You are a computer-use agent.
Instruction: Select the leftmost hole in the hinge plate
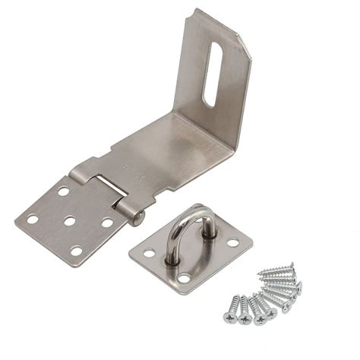click(33, 219)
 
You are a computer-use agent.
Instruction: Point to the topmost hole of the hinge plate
click(63, 191)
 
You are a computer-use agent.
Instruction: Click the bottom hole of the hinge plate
click(76, 250)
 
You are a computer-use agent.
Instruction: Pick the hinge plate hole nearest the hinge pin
click(106, 223)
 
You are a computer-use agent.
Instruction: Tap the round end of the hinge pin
click(138, 219)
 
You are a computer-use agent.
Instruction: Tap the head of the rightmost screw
click(298, 286)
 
